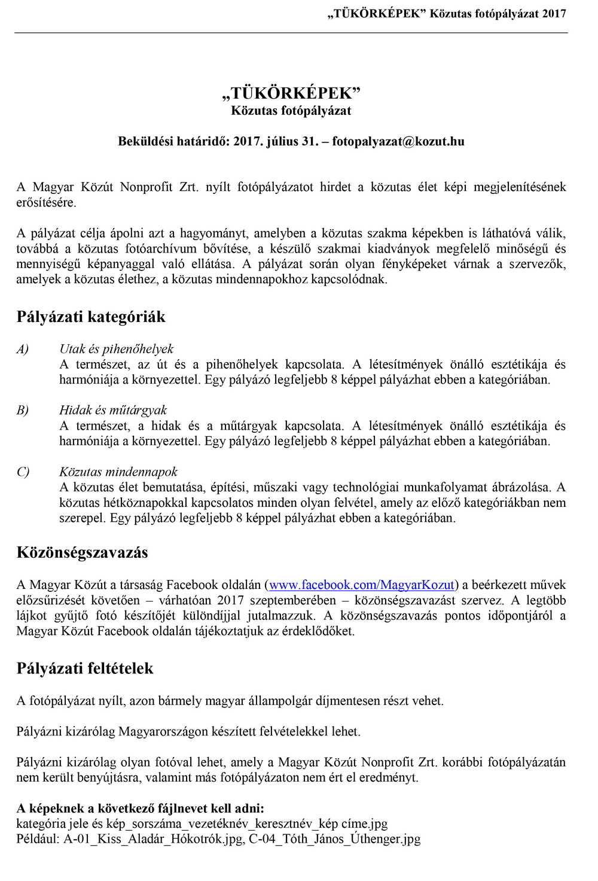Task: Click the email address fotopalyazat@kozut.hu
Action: pyautogui.click(x=398, y=142)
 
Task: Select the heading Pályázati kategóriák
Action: pyautogui.click(x=91, y=317)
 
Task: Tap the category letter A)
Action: pyautogui.click(x=23, y=349)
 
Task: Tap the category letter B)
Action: pyautogui.click(x=23, y=411)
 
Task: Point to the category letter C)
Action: pyautogui.click(x=23, y=472)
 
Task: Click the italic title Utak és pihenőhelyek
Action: pyautogui.click(x=117, y=349)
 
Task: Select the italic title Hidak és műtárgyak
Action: pyautogui.click(x=113, y=411)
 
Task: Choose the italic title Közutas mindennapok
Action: pyautogui.click(x=118, y=472)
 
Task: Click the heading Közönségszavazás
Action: pyautogui.click(x=83, y=552)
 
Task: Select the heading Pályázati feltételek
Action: pyautogui.click(x=85, y=669)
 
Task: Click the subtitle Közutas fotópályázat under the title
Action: pyautogui.click(x=291, y=111)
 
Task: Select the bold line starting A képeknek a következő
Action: pyautogui.click(x=140, y=808)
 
